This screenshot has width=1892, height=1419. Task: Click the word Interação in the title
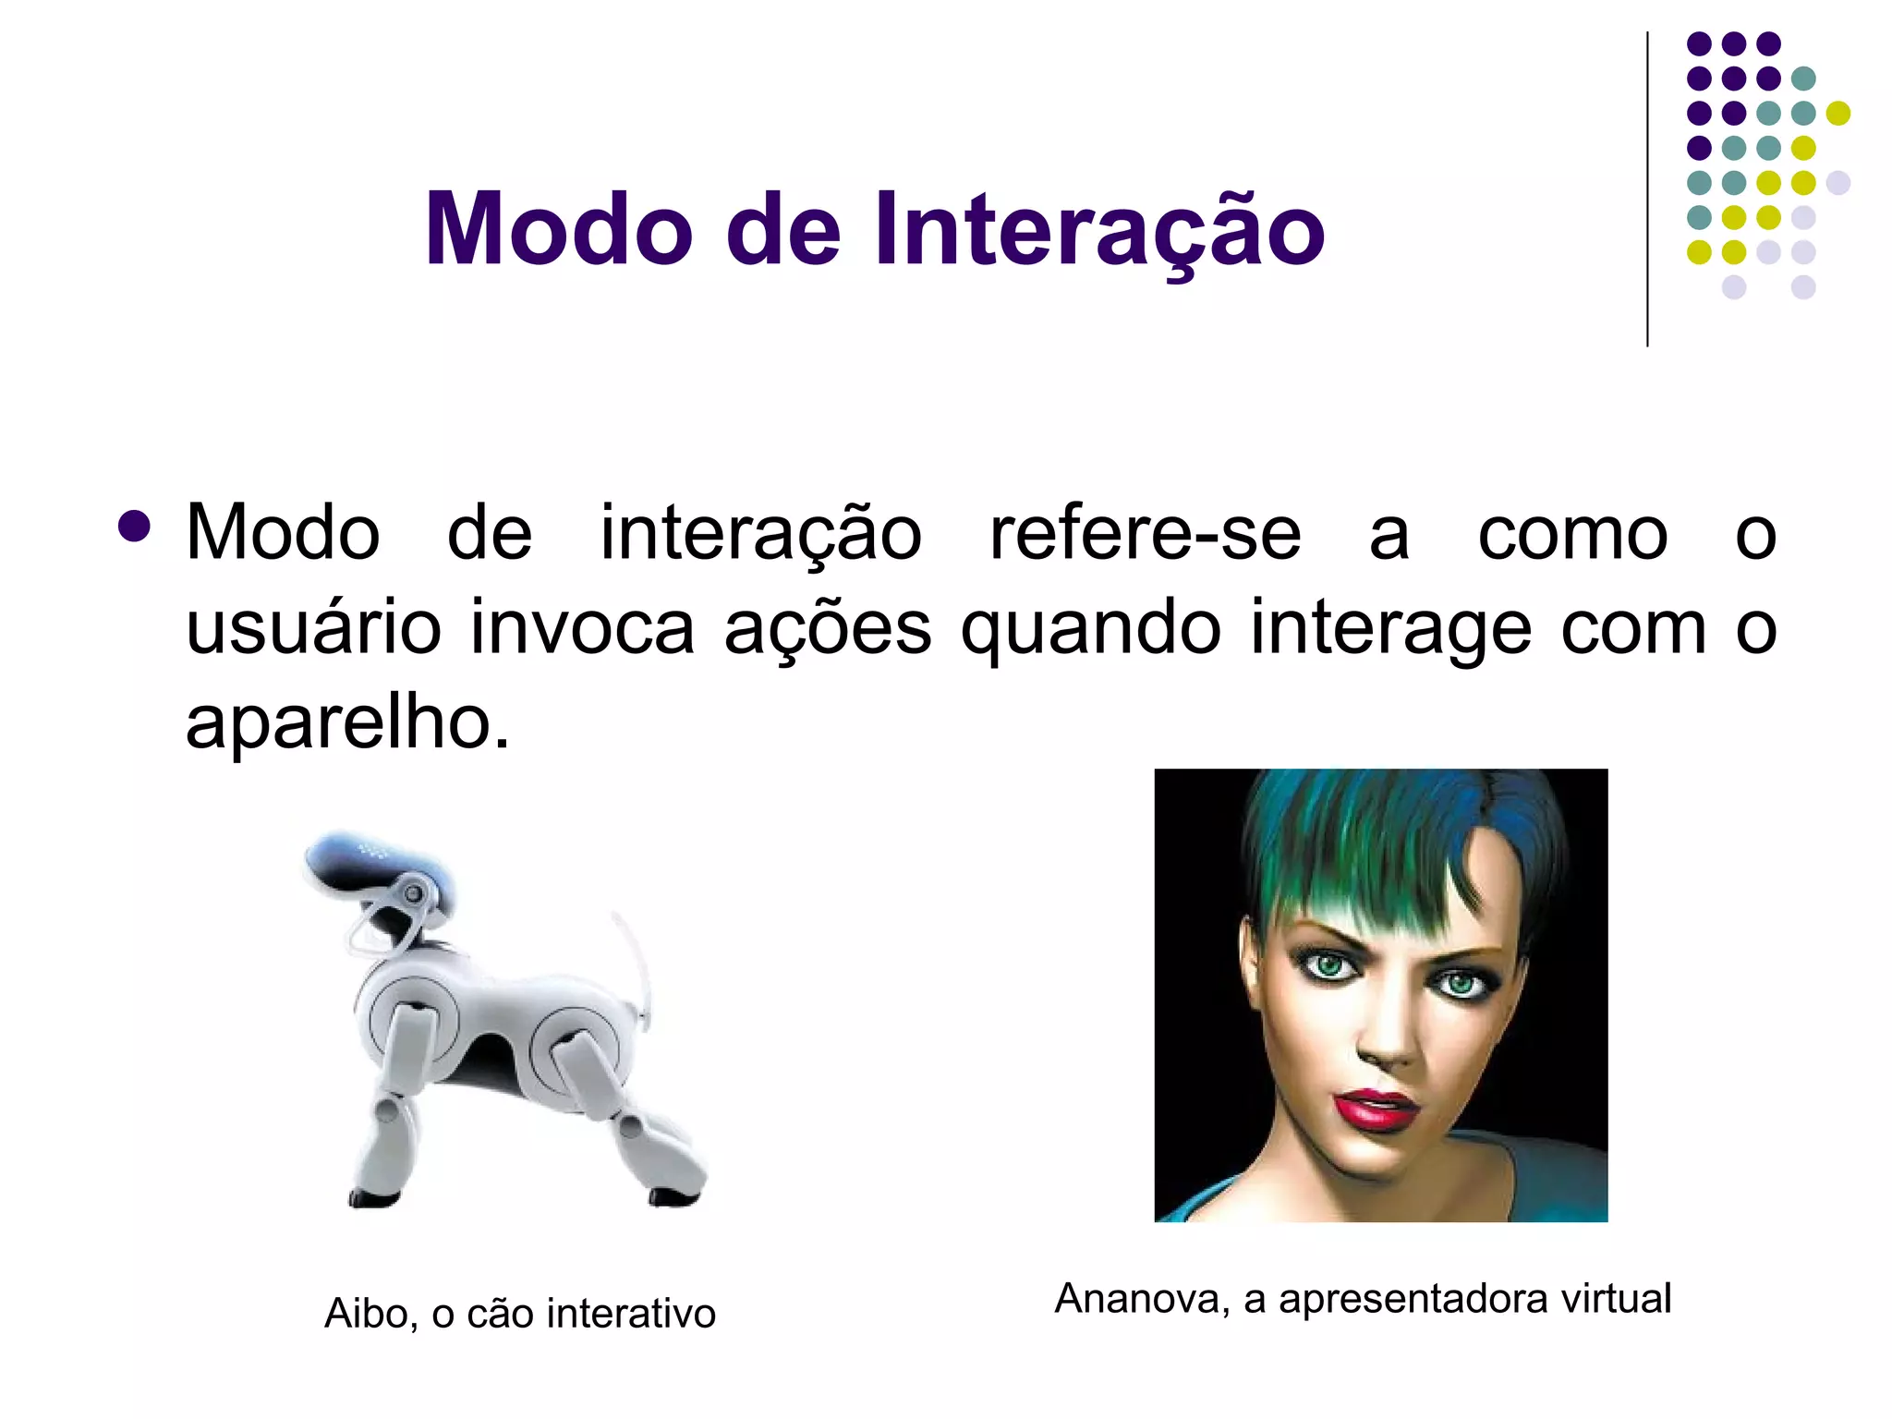click(x=1099, y=230)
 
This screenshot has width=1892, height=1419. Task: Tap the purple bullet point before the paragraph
click(x=135, y=527)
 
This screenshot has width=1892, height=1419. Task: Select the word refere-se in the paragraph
click(x=1145, y=534)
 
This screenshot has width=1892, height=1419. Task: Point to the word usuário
click(x=313, y=628)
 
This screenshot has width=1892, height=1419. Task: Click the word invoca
click(x=582, y=628)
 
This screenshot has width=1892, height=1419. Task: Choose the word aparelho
click(x=346, y=723)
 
